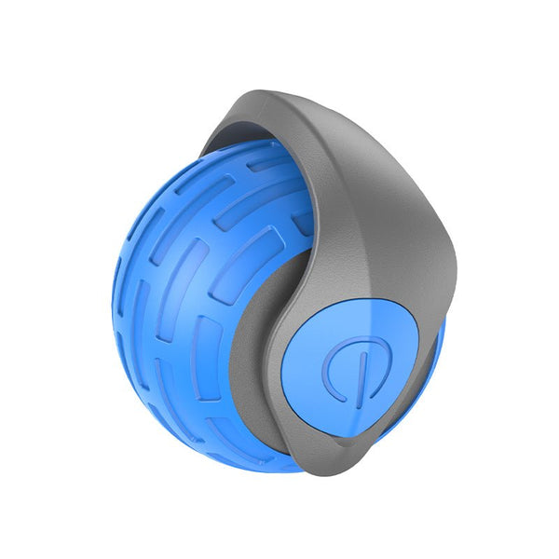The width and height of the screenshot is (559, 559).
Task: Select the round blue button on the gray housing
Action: [x=349, y=368]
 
